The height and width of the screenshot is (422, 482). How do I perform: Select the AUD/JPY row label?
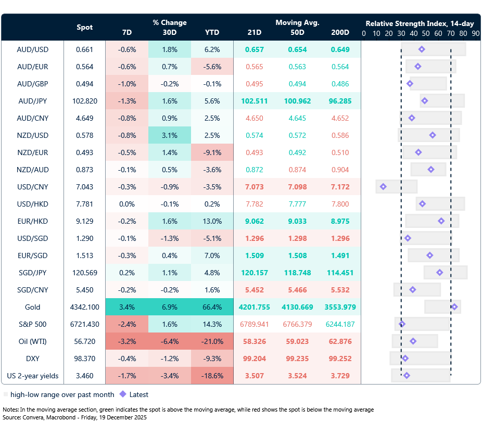tap(33, 101)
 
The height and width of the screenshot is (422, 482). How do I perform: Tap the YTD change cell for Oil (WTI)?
tap(212, 341)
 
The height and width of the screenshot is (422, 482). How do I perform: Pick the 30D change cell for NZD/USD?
tap(170, 135)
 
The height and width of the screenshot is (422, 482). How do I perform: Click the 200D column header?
tap(340, 32)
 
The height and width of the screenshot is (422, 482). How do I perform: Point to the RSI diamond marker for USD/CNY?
tap(383, 186)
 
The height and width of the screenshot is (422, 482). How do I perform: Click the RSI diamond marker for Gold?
tap(454, 307)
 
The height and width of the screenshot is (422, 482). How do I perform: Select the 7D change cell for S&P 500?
tap(127, 324)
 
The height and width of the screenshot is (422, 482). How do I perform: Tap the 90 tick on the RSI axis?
tap(475, 33)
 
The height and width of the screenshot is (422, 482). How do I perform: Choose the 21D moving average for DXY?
tap(255, 359)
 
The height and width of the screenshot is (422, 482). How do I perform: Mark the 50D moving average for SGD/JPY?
tap(297, 273)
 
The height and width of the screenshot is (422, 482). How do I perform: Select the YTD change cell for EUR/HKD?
tap(212, 221)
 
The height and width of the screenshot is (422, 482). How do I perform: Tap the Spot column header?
tap(85, 27)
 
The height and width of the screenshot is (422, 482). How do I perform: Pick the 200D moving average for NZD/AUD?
tap(340, 170)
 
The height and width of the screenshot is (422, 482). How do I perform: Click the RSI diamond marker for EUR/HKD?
tap(441, 221)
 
